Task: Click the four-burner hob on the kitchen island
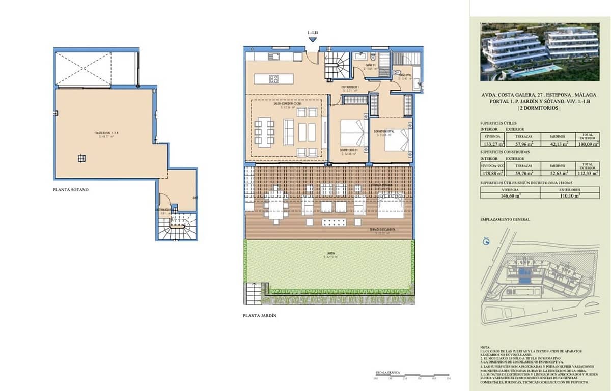coord(273,79)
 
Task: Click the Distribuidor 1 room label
coord(350,87)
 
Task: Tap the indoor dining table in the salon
coord(265,132)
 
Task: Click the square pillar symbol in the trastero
coord(81,158)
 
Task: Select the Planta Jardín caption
coord(260,316)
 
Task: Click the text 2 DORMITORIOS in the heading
coord(539,109)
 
